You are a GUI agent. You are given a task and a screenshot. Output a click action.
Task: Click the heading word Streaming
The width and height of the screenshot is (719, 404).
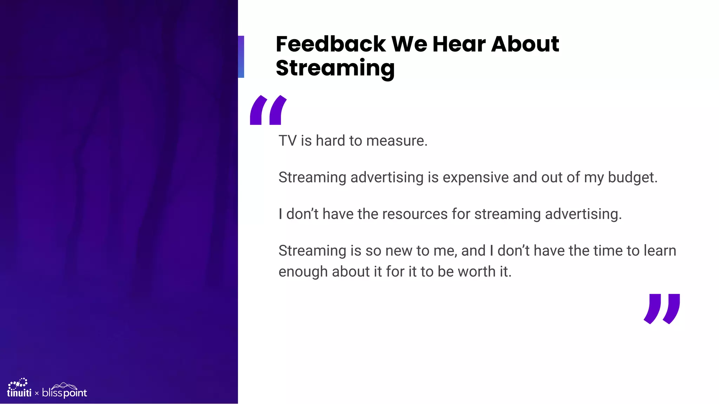coord(335,68)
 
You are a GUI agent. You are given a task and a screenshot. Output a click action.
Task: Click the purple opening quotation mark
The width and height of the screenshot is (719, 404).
coord(268,110)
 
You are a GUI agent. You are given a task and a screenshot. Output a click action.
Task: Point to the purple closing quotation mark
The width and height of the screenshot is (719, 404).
coord(662,309)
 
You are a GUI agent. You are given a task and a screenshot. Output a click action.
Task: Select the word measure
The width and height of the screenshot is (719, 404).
coord(397,141)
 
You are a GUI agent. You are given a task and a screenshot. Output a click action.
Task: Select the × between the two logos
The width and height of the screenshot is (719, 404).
coord(37,393)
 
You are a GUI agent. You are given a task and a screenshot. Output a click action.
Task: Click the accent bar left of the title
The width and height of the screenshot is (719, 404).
coord(241,56)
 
